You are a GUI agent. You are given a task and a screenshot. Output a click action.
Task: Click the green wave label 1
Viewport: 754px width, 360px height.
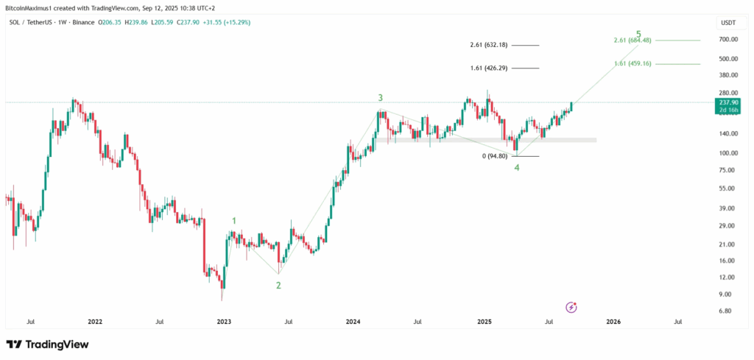(x=234, y=220)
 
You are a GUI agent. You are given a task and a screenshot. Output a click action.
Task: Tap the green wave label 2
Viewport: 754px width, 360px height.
(x=278, y=285)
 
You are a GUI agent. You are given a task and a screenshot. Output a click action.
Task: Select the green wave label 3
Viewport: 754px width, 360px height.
(x=380, y=97)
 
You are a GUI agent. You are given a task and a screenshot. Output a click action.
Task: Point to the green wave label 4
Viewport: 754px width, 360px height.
(x=517, y=167)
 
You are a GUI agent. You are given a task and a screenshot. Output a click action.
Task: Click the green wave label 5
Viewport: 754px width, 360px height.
(x=638, y=34)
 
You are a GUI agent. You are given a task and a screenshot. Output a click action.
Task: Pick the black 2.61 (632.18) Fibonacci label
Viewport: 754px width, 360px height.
(x=489, y=46)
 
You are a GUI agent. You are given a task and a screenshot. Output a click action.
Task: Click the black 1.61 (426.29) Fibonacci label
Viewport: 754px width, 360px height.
(x=489, y=68)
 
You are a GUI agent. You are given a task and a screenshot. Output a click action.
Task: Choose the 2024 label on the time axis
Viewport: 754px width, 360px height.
(x=353, y=322)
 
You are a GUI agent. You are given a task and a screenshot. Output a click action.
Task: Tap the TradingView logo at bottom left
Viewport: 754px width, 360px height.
(x=47, y=345)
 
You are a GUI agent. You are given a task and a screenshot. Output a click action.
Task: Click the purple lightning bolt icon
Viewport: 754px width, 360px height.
(x=571, y=307)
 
